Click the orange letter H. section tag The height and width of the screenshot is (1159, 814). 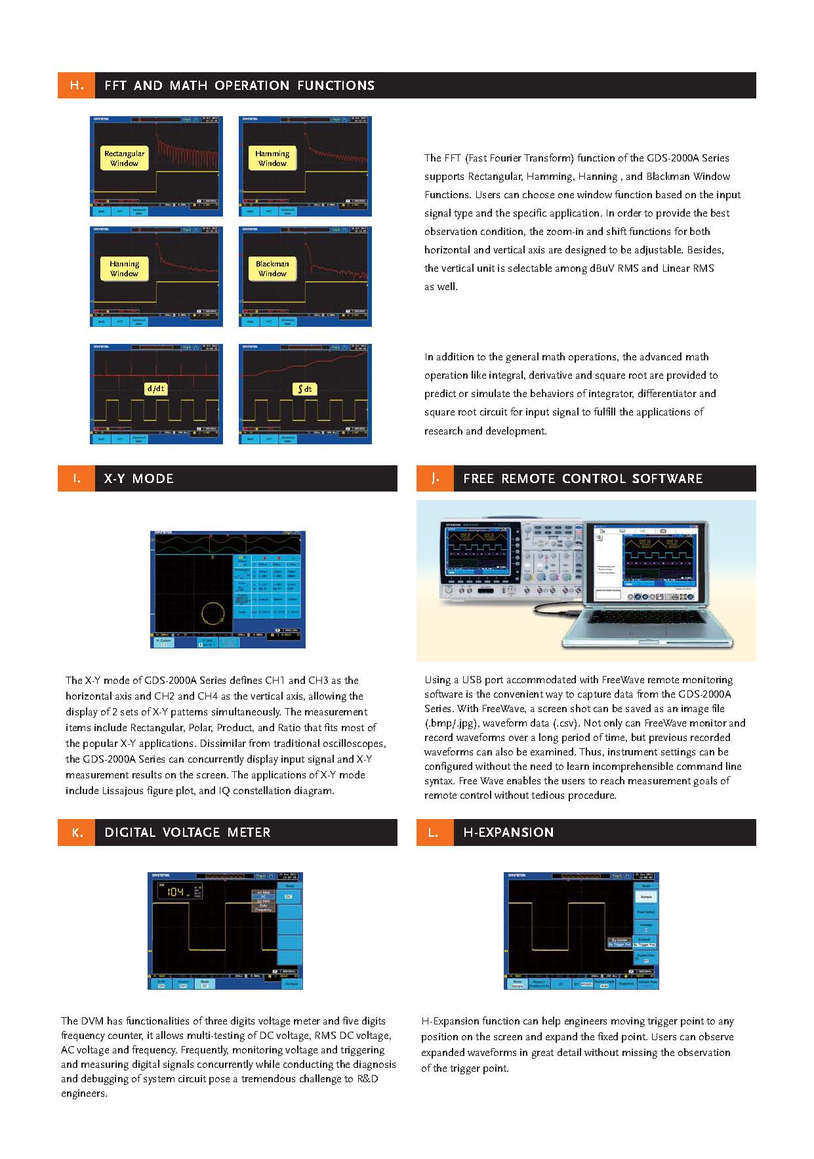click(77, 85)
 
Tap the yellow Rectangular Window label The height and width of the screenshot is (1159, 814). click(124, 158)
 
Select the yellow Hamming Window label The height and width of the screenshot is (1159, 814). click(272, 158)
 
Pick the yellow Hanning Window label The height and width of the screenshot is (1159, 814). click(124, 268)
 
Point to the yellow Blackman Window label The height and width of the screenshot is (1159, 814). click(272, 268)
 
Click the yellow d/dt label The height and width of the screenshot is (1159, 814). click(156, 389)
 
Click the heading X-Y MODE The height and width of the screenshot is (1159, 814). click(138, 478)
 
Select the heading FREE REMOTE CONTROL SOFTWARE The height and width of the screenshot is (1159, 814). click(582, 478)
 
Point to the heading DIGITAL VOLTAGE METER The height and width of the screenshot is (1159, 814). click(187, 832)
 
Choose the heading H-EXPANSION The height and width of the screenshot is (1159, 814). click(508, 832)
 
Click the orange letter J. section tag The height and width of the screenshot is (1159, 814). click(435, 478)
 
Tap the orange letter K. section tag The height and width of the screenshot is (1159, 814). click(77, 832)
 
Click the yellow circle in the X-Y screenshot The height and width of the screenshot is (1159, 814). click(213, 613)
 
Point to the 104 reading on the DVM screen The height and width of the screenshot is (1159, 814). click(175, 892)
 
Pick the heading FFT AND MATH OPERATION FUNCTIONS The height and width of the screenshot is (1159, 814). click(239, 85)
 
